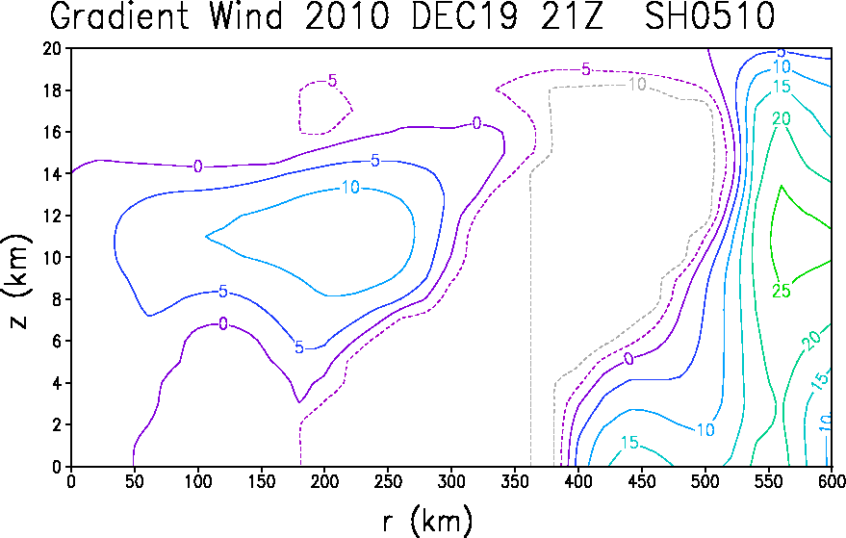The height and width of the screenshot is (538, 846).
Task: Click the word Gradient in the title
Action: point(119,16)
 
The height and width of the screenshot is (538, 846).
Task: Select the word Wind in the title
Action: point(246,16)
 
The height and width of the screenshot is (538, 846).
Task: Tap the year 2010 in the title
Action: point(346,16)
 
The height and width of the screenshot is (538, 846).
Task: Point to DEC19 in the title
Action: point(465,16)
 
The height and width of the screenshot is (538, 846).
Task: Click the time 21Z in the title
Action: point(571,16)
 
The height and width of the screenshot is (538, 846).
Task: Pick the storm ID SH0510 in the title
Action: point(709,16)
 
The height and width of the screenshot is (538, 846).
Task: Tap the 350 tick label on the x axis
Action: point(514,481)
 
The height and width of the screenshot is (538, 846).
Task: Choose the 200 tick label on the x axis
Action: point(324,481)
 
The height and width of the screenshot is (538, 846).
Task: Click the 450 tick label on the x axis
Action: point(641,481)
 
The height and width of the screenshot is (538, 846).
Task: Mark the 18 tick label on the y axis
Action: point(53,90)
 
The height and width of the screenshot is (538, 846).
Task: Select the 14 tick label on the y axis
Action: point(53,174)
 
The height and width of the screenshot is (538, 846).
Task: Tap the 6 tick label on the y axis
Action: point(58,341)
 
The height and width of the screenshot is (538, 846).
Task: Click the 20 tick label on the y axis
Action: point(53,48)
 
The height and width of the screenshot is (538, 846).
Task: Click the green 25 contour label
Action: point(782,291)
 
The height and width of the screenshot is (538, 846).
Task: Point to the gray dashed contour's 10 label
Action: point(636,84)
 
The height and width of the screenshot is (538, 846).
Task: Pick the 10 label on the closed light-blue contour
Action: point(350,188)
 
